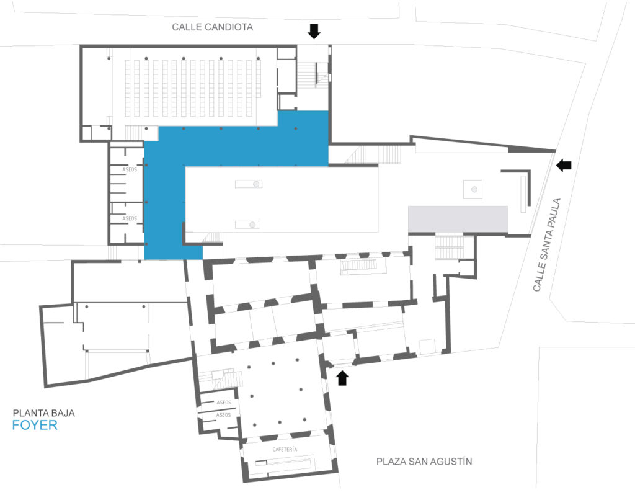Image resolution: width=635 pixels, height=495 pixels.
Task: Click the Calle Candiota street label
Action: coord(212,27)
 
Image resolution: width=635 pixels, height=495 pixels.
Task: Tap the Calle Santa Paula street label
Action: coord(547,244)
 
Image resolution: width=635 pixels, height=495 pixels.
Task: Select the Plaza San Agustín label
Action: coord(424,462)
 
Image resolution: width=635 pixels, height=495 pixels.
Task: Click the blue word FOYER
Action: coord(35,426)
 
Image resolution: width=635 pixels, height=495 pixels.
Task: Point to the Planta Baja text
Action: coord(44,413)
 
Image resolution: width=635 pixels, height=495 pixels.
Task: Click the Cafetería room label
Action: coord(285,449)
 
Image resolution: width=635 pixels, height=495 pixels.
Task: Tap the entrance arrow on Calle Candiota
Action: coord(314,31)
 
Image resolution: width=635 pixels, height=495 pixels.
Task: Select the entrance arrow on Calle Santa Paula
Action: coord(564,165)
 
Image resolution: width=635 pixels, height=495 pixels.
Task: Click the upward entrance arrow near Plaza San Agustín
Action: coord(342,378)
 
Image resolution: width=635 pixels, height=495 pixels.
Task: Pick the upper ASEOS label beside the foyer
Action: coord(130,169)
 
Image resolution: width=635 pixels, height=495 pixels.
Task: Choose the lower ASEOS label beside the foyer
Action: coord(130,218)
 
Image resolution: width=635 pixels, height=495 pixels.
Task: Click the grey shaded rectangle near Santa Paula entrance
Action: coord(458,219)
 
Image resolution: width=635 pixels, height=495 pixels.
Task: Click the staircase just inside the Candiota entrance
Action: coord(307,74)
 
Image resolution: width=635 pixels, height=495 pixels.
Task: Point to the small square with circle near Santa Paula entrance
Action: coord(473,189)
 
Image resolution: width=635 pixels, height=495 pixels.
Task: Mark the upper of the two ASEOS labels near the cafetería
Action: coord(223,402)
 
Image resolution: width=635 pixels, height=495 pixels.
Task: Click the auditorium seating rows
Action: coord(193,88)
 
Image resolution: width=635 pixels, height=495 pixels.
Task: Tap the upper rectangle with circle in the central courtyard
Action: coord(249,184)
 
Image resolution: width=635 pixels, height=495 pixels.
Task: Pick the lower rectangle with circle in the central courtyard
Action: coord(247,225)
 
